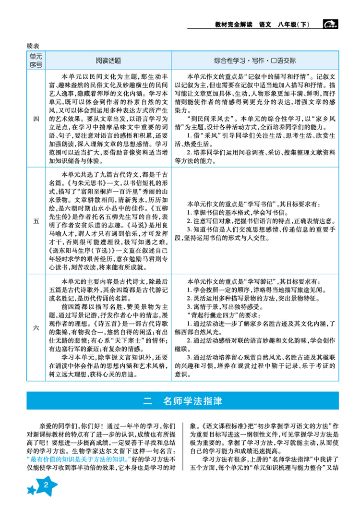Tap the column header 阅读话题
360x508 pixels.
point(108,61)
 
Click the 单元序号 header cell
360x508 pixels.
point(36,61)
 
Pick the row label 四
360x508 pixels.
point(36,119)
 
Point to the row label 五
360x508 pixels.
point(36,221)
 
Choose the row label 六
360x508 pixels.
point(36,328)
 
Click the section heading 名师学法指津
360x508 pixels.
point(193,400)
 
